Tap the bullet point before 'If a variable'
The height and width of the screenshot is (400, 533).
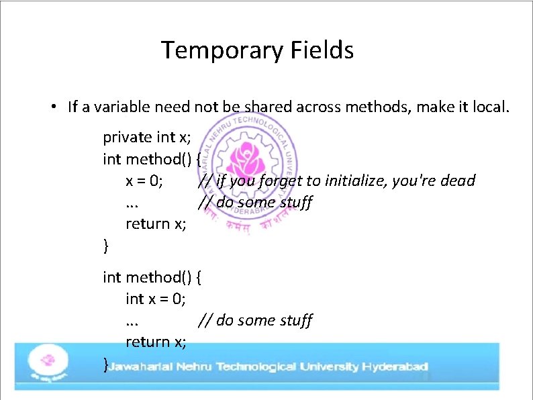(x=52, y=107)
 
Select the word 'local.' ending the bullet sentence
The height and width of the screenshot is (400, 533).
(x=491, y=107)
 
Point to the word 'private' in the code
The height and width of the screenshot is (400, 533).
(x=128, y=138)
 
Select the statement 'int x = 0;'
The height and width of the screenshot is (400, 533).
(x=156, y=299)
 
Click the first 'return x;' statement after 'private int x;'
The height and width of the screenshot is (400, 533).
(x=156, y=223)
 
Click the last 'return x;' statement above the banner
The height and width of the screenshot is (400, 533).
(x=156, y=342)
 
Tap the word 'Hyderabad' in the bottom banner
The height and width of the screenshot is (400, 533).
(x=395, y=367)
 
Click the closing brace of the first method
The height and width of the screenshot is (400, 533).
(x=105, y=246)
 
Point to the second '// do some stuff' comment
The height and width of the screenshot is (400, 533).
(x=255, y=320)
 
